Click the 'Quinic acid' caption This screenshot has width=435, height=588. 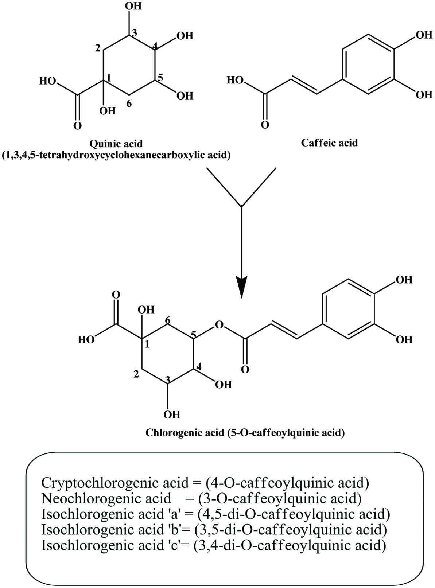coord(116,143)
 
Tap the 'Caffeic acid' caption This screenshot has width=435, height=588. coord(329,142)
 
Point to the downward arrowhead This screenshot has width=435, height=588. coord(241,286)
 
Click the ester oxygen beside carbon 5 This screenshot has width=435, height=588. coord(219,324)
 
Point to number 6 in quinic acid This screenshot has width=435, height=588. coord(129,104)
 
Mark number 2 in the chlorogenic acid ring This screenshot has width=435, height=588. coord(136,374)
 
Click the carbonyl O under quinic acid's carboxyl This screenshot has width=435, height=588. coord(77,126)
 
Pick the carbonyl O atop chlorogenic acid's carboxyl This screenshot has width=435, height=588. coord(116,294)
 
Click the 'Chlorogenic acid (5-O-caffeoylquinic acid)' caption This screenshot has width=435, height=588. coord(245,433)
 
